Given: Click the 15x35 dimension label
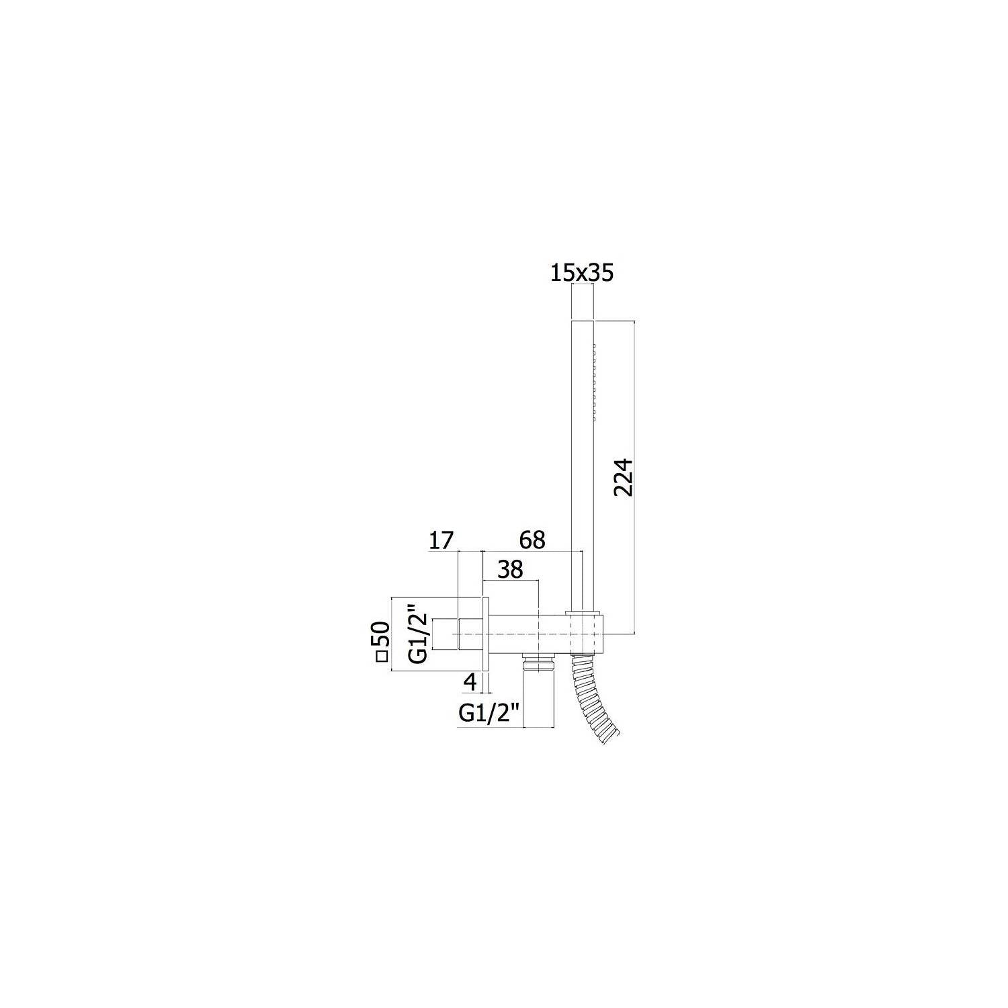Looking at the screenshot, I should pos(581,273).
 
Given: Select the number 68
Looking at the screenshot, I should pos(532,540).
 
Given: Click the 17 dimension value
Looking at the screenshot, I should pos(442,540).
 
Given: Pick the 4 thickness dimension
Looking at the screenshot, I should pos(470,681).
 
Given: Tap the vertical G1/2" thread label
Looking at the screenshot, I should pos(418,634).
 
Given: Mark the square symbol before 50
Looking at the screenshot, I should pos(382,657).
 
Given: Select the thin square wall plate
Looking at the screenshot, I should pos(486,634).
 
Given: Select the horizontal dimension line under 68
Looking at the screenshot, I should pos(532,552).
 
